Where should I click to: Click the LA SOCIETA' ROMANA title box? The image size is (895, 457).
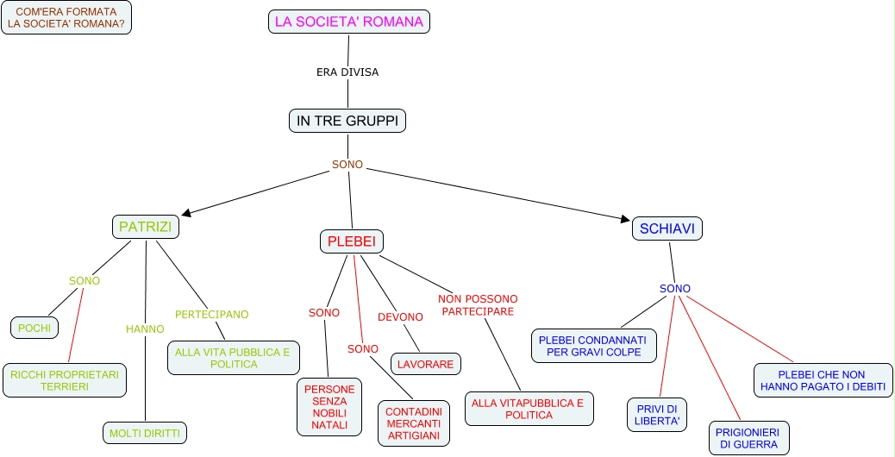(x=349, y=22)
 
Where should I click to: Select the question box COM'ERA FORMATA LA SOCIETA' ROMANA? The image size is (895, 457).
(x=66, y=18)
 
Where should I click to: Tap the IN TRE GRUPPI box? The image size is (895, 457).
(x=347, y=122)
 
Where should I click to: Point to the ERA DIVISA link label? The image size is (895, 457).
(x=347, y=72)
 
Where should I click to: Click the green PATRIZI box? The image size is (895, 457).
(x=145, y=228)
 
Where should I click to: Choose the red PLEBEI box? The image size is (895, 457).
(x=352, y=241)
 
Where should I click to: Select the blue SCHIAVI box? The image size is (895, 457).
(x=667, y=228)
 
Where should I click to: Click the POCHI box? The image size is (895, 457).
(x=34, y=328)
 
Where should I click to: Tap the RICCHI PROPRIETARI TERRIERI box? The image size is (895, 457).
(x=65, y=380)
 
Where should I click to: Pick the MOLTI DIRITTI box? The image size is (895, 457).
(x=144, y=433)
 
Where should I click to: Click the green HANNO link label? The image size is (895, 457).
(x=145, y=329)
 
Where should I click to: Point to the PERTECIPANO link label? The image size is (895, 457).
(x=212, y=315)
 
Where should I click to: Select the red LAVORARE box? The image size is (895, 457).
(x=426, y=365)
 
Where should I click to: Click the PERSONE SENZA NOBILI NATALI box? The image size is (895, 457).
(x=329, y=407)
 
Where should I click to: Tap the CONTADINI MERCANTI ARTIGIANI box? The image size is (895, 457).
(x=414, y=424)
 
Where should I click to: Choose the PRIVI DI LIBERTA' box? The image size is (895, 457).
(x=657, y=415)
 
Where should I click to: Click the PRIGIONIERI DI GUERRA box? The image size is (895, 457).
(x=749, y=438)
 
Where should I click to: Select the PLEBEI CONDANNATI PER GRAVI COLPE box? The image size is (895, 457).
(x=594, y=346)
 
